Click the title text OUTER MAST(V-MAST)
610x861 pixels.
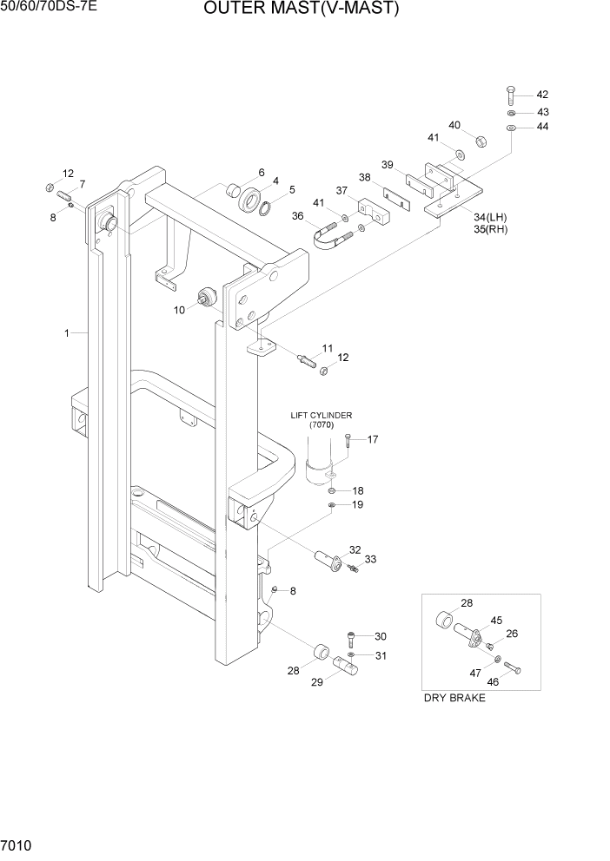point(302,10)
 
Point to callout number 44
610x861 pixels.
point(542,128)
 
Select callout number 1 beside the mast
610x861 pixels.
point(67,332)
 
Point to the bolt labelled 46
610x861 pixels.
point(511,668)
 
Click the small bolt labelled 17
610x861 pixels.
point(347,442)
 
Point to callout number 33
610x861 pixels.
point(370,560)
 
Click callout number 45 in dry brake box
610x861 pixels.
point(496,620)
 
